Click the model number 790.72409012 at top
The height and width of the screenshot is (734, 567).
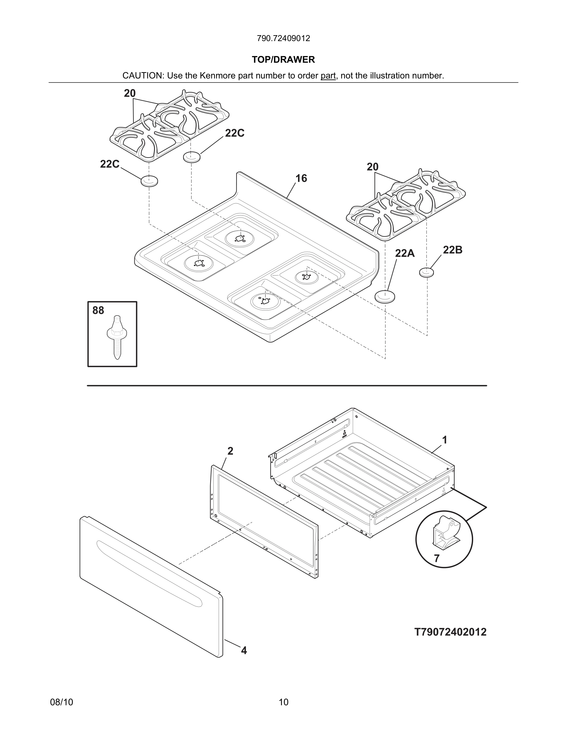[283, 38]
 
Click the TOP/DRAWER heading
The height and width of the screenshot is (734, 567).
[283, 60]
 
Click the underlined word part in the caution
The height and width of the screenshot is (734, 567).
[328, 76]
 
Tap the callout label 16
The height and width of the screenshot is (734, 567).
[301, 179]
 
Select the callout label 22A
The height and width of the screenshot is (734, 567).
[405, 253]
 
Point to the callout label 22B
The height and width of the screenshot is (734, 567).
[452, 250]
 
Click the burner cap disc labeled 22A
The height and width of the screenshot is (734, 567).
[384, 297]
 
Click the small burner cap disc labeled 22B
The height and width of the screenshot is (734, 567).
[426, 272]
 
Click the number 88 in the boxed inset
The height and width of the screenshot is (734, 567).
[98, 310]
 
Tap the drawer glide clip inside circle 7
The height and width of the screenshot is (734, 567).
[445, 534]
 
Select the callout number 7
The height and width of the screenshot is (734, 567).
[436, 558]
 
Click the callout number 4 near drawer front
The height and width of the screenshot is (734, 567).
[244, 650]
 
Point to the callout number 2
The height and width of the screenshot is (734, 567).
[230, 451]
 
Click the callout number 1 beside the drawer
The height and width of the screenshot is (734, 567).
[444, 440]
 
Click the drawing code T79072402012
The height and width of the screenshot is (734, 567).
[450, 632]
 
